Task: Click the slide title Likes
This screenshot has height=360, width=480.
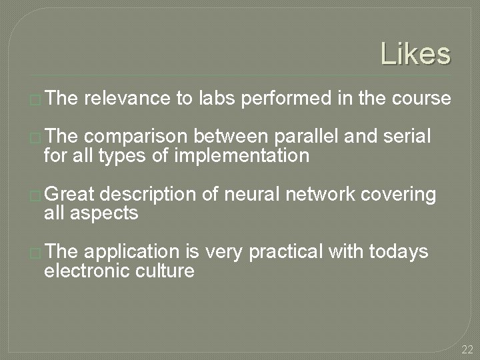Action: click(x=415, y=53)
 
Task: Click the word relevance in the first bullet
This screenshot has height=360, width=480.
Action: click(x=127, y=99)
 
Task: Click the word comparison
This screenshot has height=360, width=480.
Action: click(x=137, y=137)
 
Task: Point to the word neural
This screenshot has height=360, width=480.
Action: click(x=254, y=194)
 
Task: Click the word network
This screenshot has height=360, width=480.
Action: click(x=321, y=194)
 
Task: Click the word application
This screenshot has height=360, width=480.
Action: click(x=132, y=251)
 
